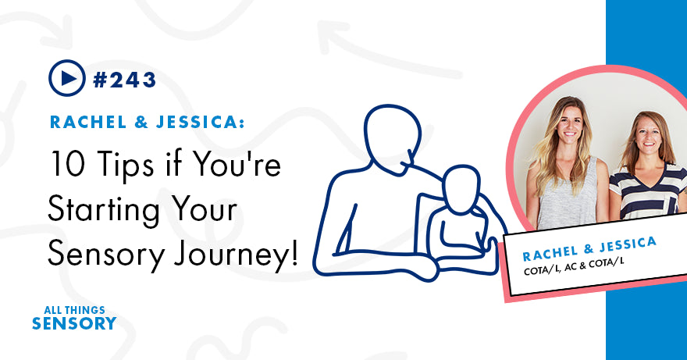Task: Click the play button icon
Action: click(x=66, y=78)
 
